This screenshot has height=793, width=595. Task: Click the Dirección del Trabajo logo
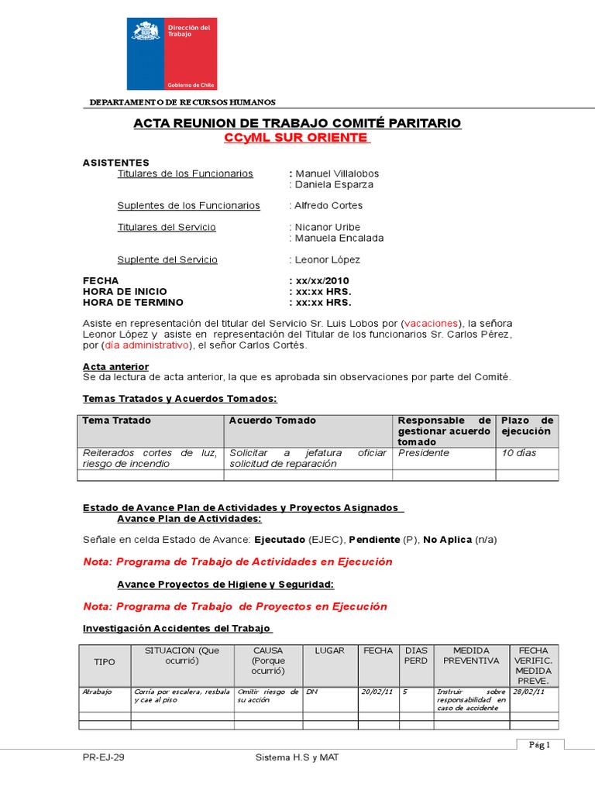[x=172, y=53]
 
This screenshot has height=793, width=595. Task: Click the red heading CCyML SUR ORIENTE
[x=297, y=138]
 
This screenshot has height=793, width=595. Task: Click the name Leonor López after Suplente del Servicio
[x=327, y=260]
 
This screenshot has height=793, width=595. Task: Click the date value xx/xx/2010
[x=322, y=280]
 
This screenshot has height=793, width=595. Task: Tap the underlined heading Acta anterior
[x=115, y=366]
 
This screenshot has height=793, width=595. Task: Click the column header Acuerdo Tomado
[x=273, y=421]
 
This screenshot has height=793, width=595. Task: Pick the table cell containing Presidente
[x=423, y=453]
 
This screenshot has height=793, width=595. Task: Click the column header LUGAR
[x=329, y=651]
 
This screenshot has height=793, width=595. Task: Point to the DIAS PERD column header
[x=416, y=656]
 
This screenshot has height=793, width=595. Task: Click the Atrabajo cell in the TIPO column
[x=98, y=692]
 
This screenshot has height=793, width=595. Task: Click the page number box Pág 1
[x=539, y=745]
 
